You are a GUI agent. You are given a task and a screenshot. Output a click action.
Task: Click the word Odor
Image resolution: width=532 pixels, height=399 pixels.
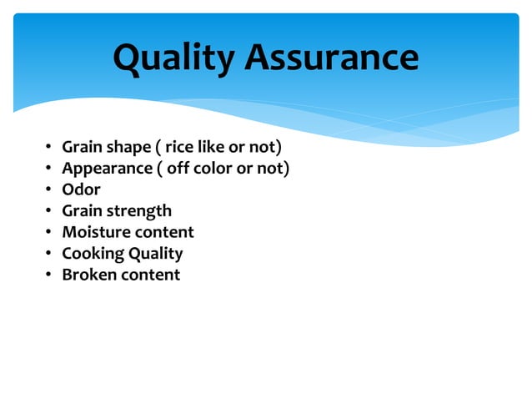click(81, 189)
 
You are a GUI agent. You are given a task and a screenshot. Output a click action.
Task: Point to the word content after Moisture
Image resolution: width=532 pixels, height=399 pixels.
click(163, 232)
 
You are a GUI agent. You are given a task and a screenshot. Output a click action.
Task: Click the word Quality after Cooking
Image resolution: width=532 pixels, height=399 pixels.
click(155, 253)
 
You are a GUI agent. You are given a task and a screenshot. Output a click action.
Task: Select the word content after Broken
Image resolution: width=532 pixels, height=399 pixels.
click(149, 274)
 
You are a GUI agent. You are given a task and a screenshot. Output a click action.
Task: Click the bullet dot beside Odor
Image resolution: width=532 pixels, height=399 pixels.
click(48, 190)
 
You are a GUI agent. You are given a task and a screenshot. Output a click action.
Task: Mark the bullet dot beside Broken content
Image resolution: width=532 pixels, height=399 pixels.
click(48, 275)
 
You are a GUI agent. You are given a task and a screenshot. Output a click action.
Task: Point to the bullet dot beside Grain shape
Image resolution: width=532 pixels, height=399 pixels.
click(48, 149)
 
